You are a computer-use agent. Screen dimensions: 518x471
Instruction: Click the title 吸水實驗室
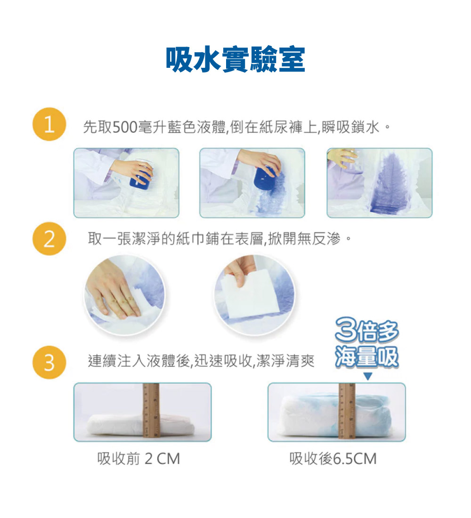click(235, 60)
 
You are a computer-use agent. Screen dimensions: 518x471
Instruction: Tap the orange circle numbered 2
click(49, 240)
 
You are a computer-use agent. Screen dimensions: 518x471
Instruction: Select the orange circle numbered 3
click(49, 363)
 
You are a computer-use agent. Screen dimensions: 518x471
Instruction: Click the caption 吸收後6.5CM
click(333, 458)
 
